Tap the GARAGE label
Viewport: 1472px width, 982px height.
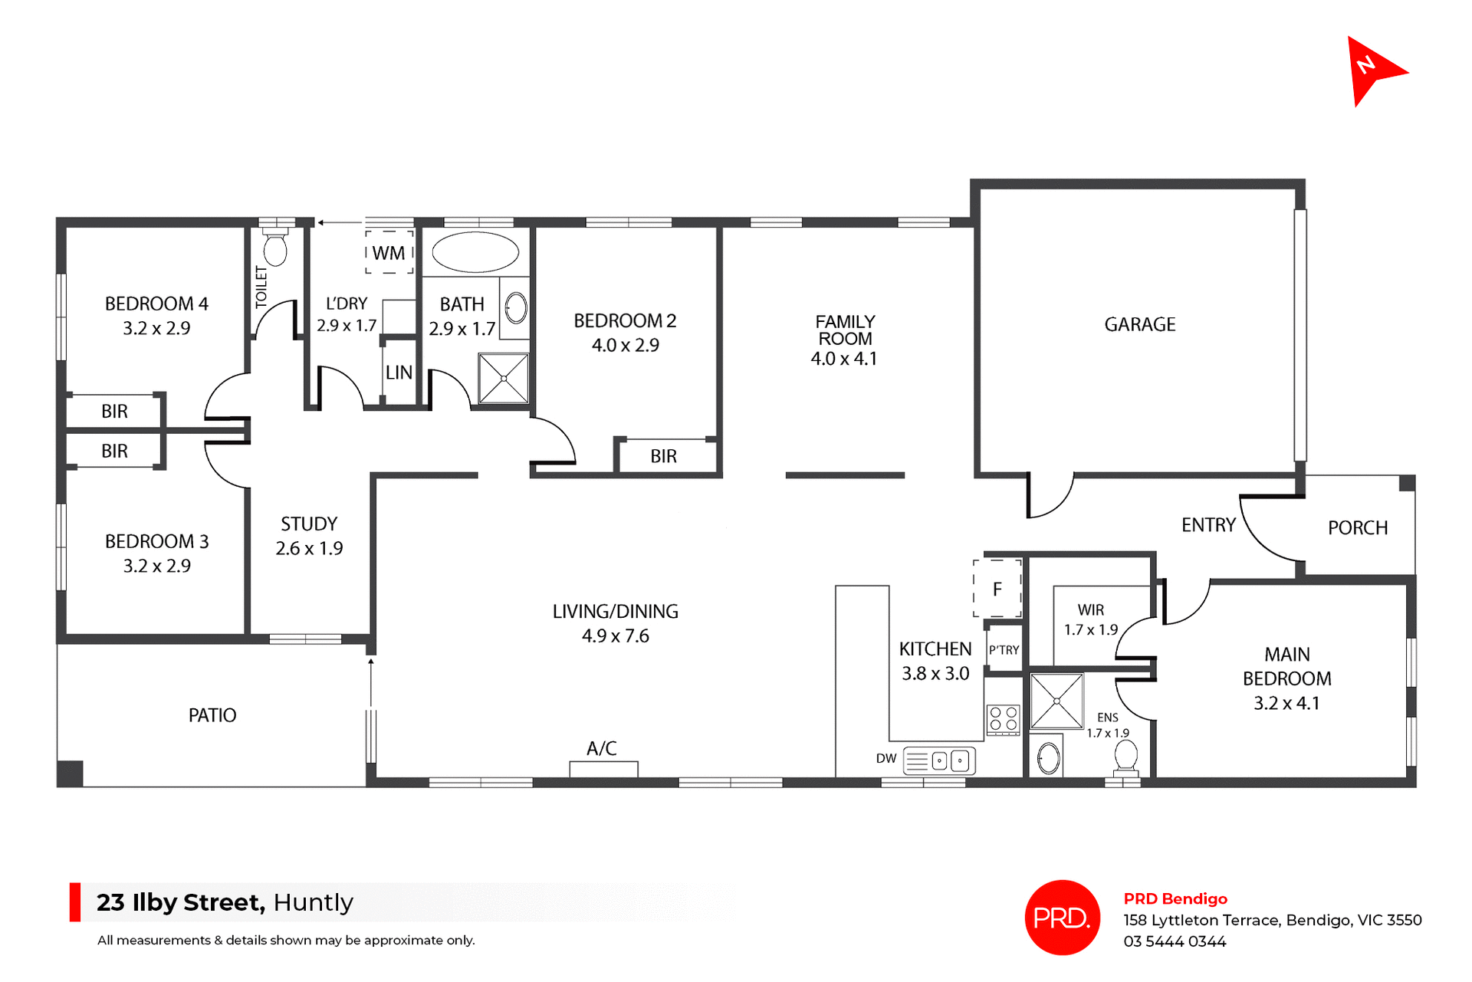(x=1139, y=324)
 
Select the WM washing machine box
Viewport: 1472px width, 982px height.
(x=389, y=252)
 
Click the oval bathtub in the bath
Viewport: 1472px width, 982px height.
(x=475, y=252)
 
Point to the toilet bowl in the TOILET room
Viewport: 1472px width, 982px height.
(x=275, y=249)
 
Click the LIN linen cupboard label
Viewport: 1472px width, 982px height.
(x=399, y=373)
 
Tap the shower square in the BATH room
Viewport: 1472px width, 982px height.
(x=504, y=378)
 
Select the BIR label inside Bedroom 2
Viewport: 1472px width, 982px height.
(x=663, y=456)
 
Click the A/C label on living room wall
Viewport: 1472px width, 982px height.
(x=601, y=748)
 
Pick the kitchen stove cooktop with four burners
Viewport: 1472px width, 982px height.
(x=1003, y=719)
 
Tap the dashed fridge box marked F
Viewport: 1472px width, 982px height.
(x=997, y=589)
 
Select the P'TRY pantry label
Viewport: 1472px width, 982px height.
(x=1004, y=650)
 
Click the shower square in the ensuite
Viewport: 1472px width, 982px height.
(x=1056, y=701)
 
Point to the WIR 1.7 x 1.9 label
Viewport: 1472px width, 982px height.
(x=1090, y=619)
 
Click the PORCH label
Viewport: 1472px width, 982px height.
(x=1357, y=527)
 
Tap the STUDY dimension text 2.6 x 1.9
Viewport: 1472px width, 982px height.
(x=309, y=548)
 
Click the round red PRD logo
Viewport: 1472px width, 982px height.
(x=1062, y=917)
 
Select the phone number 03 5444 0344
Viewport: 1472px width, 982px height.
(x=1175, y=941)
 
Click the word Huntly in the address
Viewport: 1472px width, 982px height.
(x=313, y=902)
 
